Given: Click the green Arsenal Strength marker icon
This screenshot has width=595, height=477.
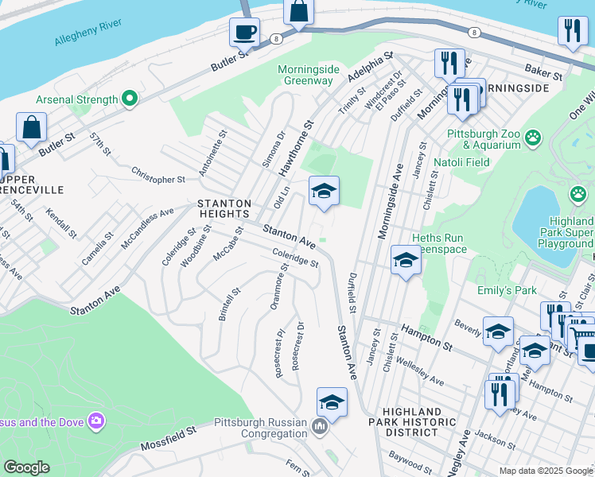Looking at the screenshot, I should click(x=128, y=99).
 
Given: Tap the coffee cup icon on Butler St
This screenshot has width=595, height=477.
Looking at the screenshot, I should click(x=244, y=33).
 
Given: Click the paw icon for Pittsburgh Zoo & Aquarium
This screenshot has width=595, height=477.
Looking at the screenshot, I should click(x=533, y=139).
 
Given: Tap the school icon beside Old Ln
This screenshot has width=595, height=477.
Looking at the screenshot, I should click(x=324, y=192).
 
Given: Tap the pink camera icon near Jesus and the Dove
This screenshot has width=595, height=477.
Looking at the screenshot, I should click(x=96, y=419).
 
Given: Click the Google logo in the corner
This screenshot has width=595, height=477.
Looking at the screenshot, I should click(x=26, y=467).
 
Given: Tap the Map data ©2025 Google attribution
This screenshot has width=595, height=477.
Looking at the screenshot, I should click(x=545, y=471).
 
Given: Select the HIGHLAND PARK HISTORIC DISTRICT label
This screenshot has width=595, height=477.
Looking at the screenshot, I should click(x=405, y=421).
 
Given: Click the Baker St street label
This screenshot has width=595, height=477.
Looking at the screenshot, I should click(x=544, y=72).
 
